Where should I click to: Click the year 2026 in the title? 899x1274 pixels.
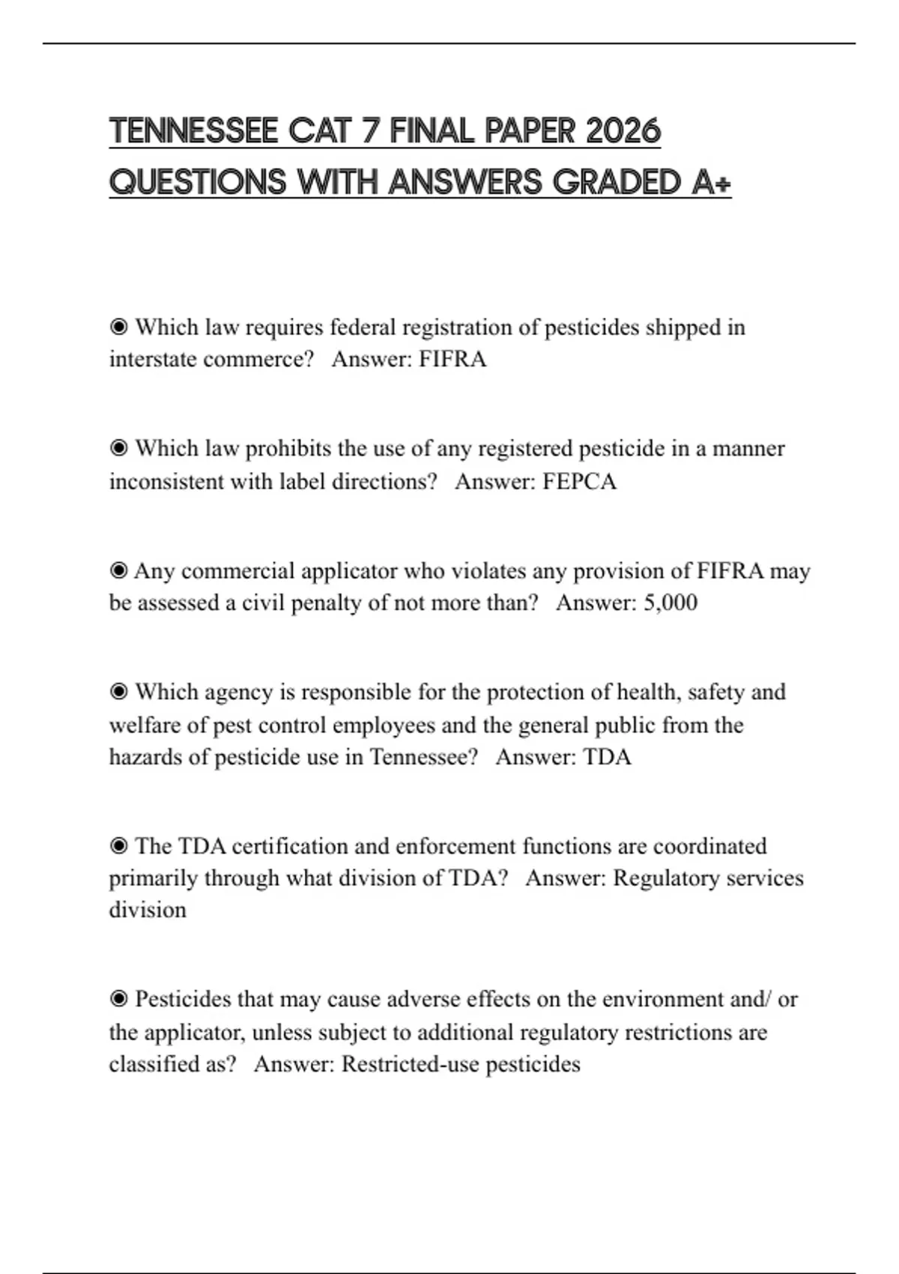click(623, 131)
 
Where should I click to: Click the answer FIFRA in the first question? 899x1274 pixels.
click(452, 360)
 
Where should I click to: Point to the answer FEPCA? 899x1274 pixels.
click(579, 481)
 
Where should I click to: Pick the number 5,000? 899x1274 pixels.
click(671, 603)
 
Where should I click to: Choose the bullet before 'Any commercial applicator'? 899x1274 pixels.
click(118, 571)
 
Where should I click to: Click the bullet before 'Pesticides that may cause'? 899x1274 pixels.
click(118, 999)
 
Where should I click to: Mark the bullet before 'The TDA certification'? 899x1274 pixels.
click(118, 846)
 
